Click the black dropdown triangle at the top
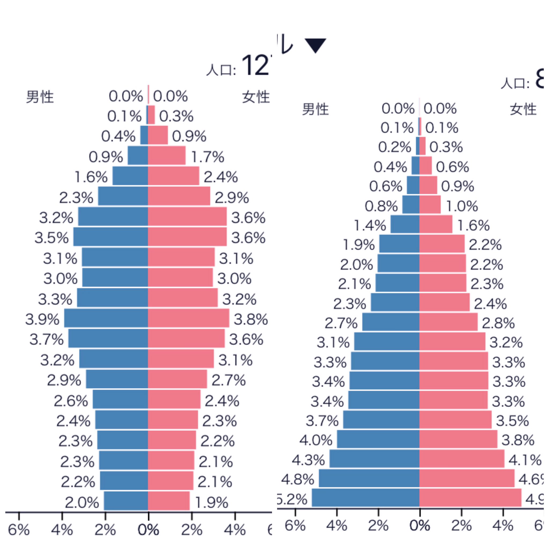tap(315, 45)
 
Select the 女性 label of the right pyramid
tap(523, 109)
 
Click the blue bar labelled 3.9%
tap(106, 318)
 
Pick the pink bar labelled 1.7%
tap(166, 155)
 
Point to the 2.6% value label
tap(71, 401)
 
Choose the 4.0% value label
tap(316, 440)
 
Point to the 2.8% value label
tap(498, 323)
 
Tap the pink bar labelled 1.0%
tap(430, 205)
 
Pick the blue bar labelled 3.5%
tap(110, 236)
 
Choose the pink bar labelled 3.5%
tap(455, 420)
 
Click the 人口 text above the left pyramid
tap(221, 70)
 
